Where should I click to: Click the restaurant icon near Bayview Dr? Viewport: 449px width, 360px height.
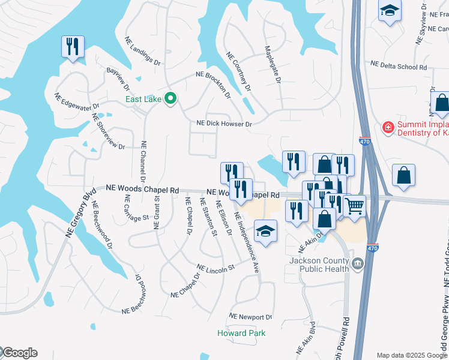[73, 46]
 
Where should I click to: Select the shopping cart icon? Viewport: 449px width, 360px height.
[355, 206]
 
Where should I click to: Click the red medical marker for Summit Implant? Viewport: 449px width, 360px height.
[388, 128]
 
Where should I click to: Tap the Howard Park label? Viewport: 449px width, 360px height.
[241, 333]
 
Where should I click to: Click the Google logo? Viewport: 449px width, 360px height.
[19, 353]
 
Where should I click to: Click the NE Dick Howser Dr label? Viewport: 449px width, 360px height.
[226, 124]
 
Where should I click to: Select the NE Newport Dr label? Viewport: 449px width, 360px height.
[252, 317]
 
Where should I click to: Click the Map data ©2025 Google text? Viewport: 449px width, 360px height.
[412, 355]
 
